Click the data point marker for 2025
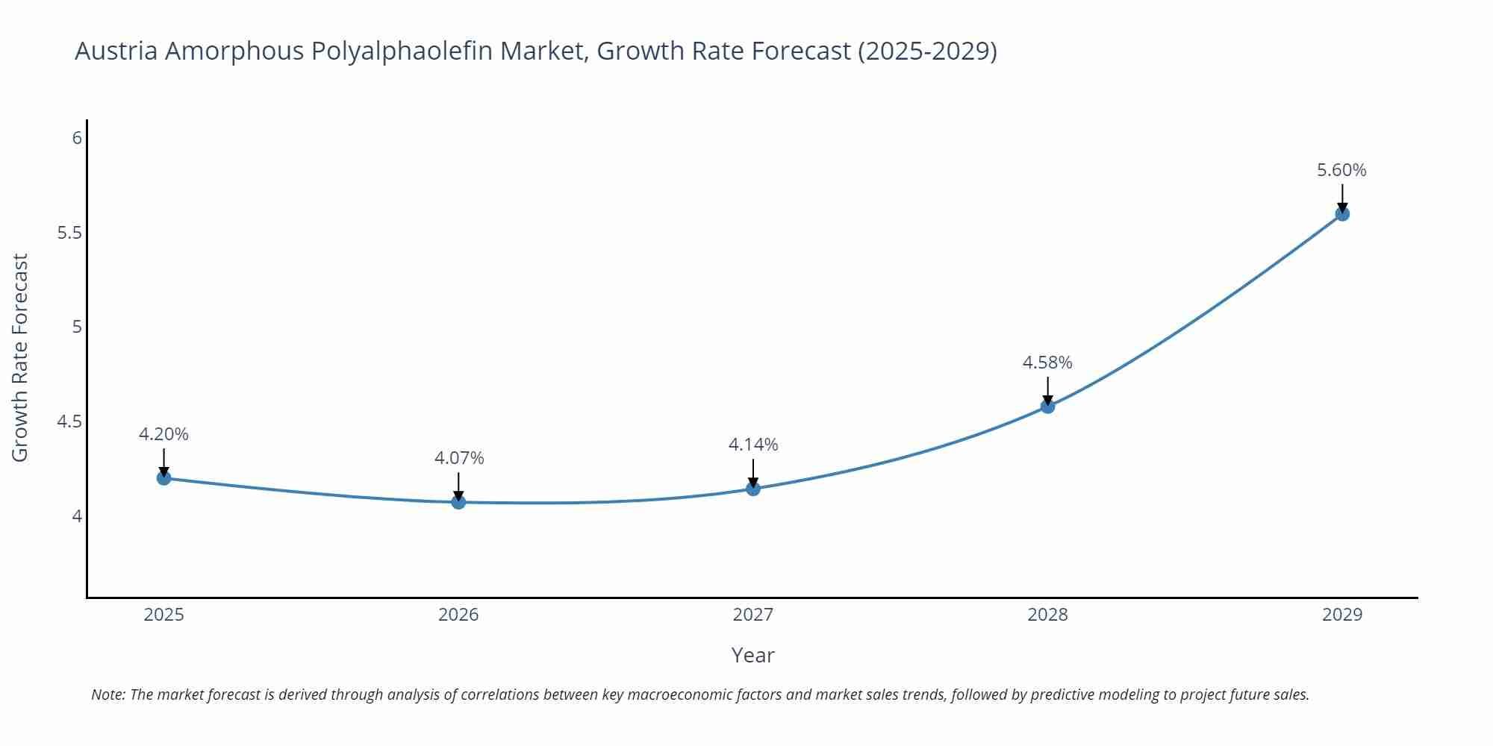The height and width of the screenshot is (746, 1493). [164, 477]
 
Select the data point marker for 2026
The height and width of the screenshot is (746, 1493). [458, 502]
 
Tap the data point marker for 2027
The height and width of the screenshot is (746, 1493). [753, 489]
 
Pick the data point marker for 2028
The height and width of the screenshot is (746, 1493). [1047, 406]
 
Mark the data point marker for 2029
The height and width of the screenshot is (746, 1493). [1342, 214]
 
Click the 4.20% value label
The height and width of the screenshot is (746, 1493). [163, 434]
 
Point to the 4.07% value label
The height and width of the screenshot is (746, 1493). [459, 458]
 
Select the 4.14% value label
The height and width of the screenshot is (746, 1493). [753, 445]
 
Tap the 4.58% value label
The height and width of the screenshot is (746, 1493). [1047, 363]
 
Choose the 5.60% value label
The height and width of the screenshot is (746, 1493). [1341, 170]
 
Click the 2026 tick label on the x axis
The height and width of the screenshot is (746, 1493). [458, 615]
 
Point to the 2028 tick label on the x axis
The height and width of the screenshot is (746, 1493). [1047, 615]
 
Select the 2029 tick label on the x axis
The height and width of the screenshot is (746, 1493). [1342, 615]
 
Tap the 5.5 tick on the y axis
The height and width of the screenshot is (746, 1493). [69, 233]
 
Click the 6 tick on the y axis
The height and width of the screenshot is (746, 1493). [77, 138]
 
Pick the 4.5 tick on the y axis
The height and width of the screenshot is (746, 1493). [69, 422]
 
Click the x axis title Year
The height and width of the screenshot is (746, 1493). [752, 655]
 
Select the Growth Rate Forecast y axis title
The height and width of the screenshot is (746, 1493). [20, 357]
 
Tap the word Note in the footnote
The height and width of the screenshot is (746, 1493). [107, 695]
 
